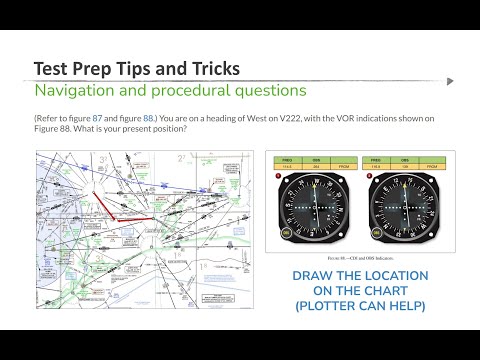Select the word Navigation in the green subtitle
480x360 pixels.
coord(72,90)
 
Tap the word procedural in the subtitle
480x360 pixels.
coord(171,90)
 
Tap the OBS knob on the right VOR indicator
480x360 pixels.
coord(373,234)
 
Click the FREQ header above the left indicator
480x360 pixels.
coord(287,158)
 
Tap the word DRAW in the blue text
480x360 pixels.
coord(315,275)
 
